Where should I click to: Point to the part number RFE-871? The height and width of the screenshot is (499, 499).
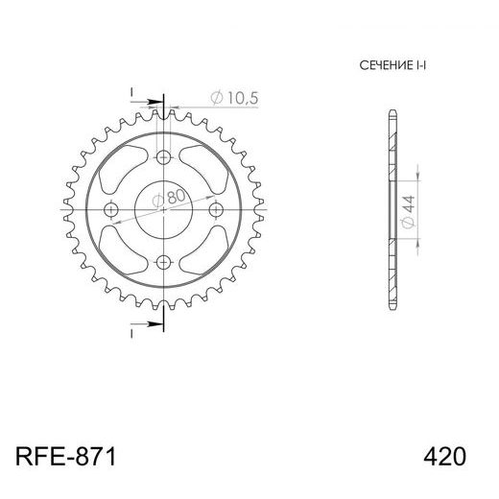[x=66, y=455]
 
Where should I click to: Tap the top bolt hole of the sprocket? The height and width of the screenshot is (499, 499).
[x=163, y=158]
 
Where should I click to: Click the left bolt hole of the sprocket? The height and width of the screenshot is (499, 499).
[x=112, y=208]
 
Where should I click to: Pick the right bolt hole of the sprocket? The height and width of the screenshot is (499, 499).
[x=214, y=208]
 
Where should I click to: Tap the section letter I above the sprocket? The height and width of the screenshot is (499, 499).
[x=131, y=91]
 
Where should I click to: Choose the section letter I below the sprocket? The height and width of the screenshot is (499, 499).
[x=131, y=335]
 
